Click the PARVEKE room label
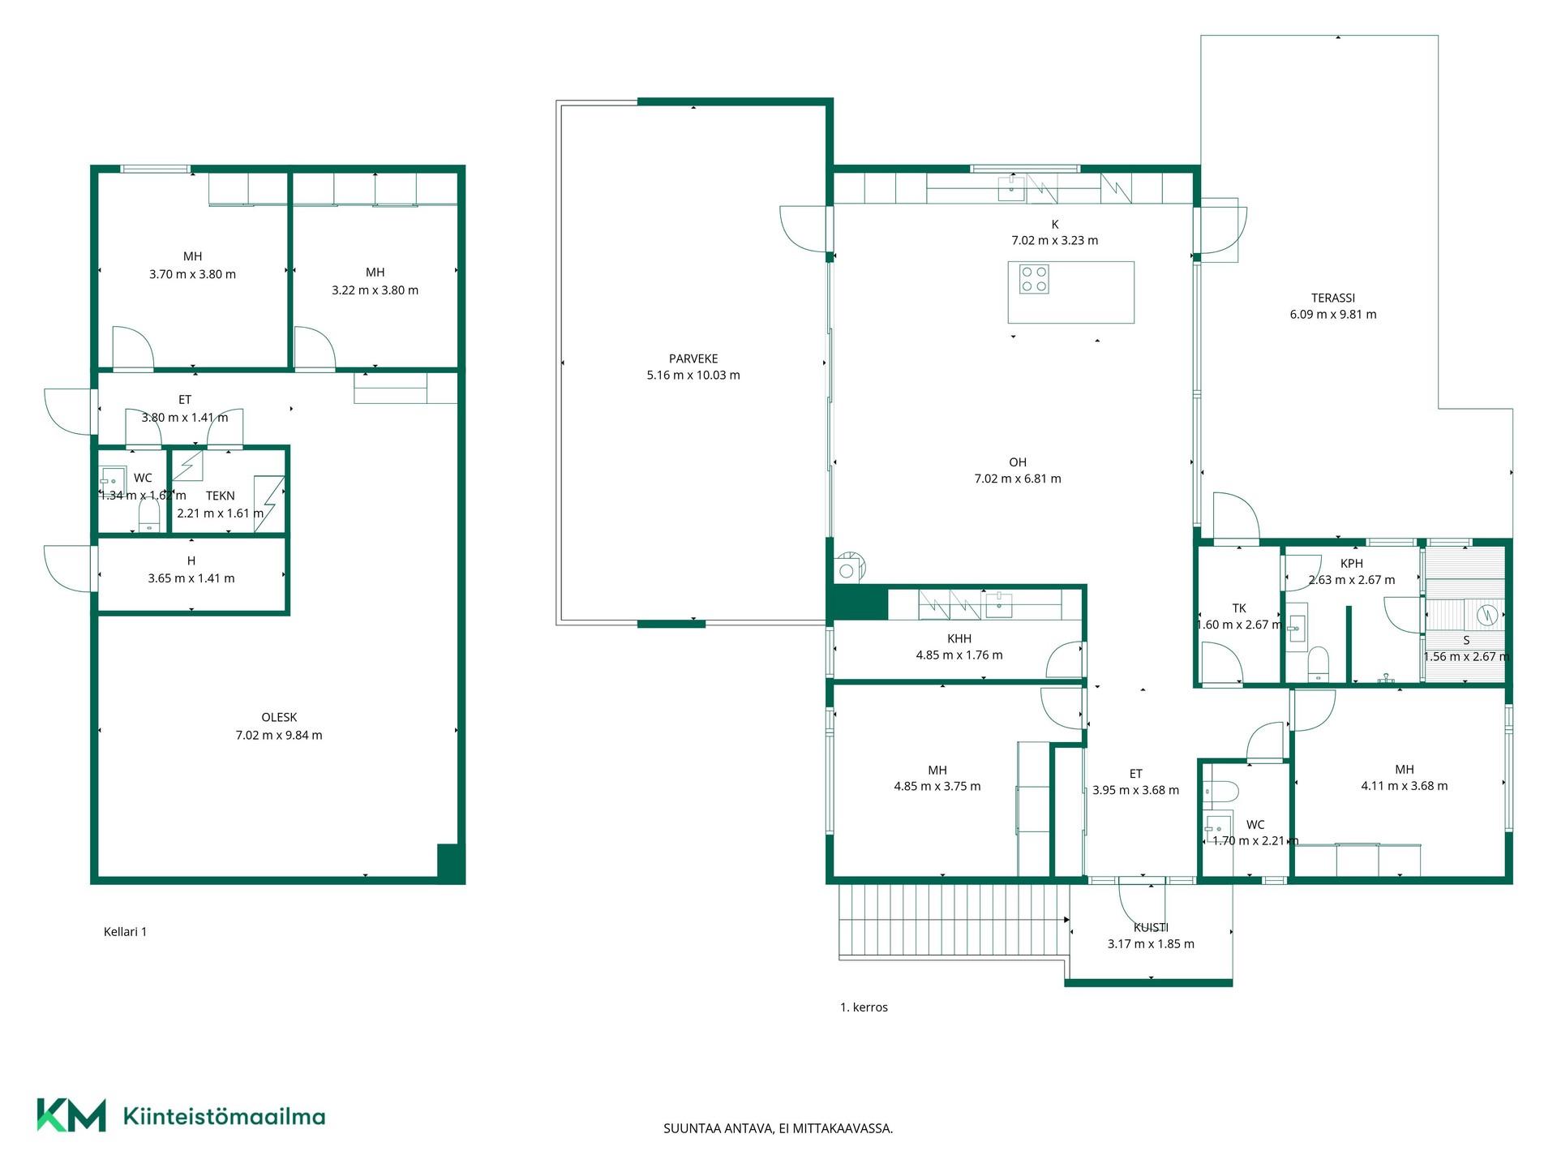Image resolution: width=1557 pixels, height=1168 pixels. [693, 359]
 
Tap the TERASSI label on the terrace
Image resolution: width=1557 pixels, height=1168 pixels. [1333, 298]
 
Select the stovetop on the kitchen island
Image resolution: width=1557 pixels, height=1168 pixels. [1034, 279]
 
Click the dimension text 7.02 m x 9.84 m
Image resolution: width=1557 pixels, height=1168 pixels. [279, 735]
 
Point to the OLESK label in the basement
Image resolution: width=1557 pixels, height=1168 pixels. [279, 717]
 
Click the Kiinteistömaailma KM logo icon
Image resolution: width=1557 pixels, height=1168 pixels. [71, 1114]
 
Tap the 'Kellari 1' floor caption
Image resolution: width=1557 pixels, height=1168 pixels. [125, 931]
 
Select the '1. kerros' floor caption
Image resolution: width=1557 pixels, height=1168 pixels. [864, 1007]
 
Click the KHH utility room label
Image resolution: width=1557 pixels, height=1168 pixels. [959, 638]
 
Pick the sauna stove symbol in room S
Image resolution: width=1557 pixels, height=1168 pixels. [1487, 615]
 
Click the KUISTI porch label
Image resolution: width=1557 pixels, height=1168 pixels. [1151, 927]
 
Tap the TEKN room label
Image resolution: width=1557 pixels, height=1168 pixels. [221, 496]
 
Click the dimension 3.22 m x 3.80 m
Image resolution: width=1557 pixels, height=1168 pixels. [375, 290]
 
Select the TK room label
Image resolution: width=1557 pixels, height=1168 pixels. [1239, 608]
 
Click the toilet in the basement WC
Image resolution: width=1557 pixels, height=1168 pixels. [148, 514]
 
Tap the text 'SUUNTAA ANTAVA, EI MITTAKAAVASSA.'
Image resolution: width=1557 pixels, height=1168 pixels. [778, 1127]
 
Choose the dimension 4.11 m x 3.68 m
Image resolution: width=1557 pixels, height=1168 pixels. [1404, 785]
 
